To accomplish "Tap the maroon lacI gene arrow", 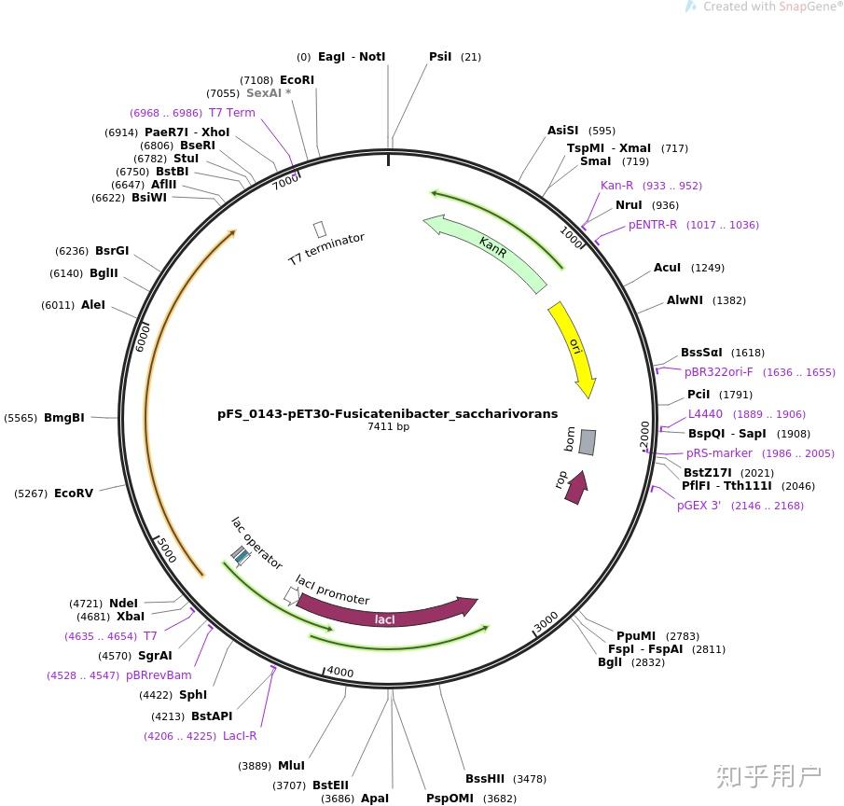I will (x=385, y=616).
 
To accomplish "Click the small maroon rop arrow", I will (x=576, y=487).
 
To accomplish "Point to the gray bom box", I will (x=587, y=441).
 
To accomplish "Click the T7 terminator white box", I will (x=320, y=229).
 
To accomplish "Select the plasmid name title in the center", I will (x=387, y=413).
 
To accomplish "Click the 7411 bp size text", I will (x=388, y=427).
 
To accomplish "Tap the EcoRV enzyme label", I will (x=74, y=493).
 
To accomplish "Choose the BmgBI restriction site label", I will (x=64, y=418).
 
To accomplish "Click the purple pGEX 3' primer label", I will (x=699, y=506).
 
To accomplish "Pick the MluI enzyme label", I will (x=291, y=766).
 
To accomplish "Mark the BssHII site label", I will (x=485, y=779).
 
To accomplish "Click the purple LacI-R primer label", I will (x=240, y=736).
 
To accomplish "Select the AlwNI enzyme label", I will (x=685, y=300).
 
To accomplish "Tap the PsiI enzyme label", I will (x=440, y=57).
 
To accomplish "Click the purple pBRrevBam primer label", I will (x=159, y=675).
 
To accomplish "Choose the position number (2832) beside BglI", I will (x=648, y=662).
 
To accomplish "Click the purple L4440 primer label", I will (x=705, y=414).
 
